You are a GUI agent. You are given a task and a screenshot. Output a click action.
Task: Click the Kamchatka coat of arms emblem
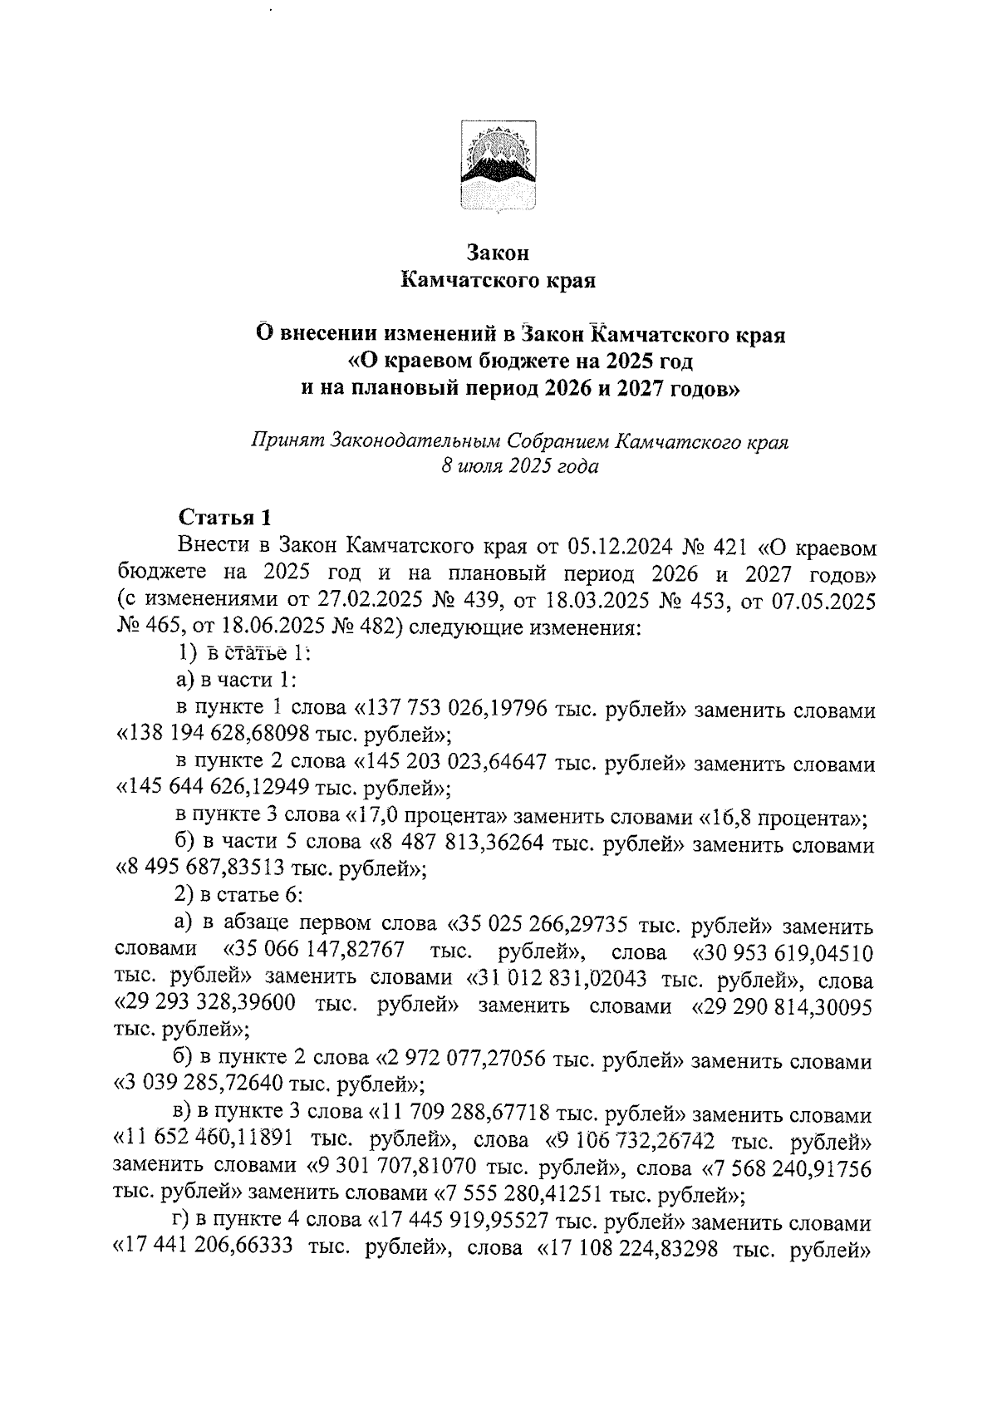[x=498, y=166]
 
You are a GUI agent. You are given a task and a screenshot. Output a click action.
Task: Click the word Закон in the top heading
[x=498, y=252]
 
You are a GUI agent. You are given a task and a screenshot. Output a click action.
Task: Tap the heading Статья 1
[x=225, y=518]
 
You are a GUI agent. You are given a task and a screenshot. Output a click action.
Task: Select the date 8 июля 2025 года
[x=520, y=466]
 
